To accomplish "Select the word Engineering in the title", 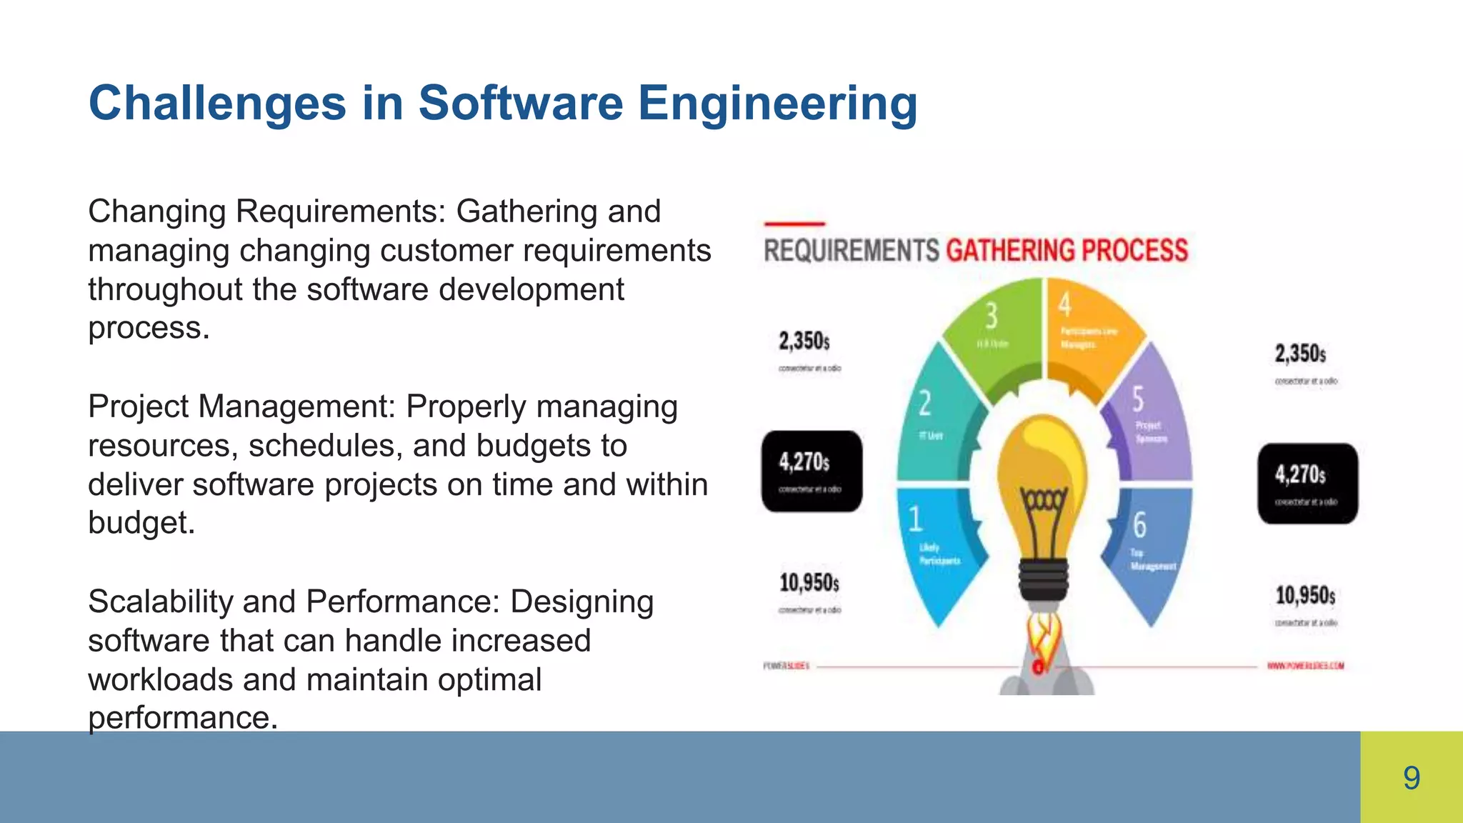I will [x=777, y=104].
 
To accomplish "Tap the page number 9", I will [x=1412, y=778].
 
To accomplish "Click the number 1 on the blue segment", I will [x=915, y=519].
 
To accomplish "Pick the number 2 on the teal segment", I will [x=924, y=404].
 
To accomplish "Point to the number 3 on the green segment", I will [x=992, y=315].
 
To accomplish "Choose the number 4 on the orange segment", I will [x=1064, y=305].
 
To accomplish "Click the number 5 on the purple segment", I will [x=1138, y=399].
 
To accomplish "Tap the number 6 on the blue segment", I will [x=1139, y=525].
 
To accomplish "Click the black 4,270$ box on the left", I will [x=812, y=471].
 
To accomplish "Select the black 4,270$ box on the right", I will [x=1307, y=484].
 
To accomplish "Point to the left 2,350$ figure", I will [x=804, y=341].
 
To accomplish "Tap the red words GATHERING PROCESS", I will [x=1067, y=251].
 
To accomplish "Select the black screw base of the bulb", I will [x=1044, y=579].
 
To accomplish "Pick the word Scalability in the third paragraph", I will [x=160, y=602].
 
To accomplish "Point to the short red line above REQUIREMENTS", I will [x=794, y=224].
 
